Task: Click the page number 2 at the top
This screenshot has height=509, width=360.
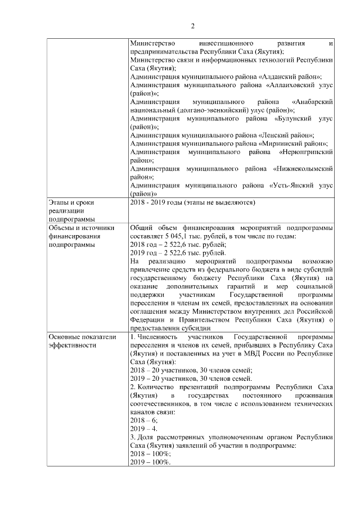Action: [x=192, y=26]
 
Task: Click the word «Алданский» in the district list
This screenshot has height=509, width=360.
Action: [x=282, y=76]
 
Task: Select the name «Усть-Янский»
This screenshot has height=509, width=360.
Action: [x=291, y=185]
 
